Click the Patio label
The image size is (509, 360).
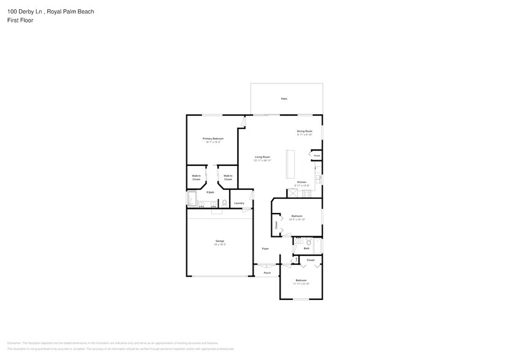tap(284, 99)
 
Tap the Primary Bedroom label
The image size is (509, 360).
tap(213, 139)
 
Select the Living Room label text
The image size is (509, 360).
tap(262, 157)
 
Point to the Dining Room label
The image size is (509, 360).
tap(304, 131)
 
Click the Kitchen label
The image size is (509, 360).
tap(301, 182)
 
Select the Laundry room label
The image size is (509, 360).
tap(239, 203)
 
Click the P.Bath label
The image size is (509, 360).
tap(210, 193)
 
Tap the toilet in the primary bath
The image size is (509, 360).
tap(224, 203)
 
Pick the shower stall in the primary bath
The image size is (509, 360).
tap(192, 200)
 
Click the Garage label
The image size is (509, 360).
tap(219, 241)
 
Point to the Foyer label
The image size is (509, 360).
tap(265, 249)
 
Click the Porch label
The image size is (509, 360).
tap(267, 272)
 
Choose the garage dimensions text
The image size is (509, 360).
tap(219, 244)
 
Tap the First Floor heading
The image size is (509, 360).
tap(20, 20)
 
